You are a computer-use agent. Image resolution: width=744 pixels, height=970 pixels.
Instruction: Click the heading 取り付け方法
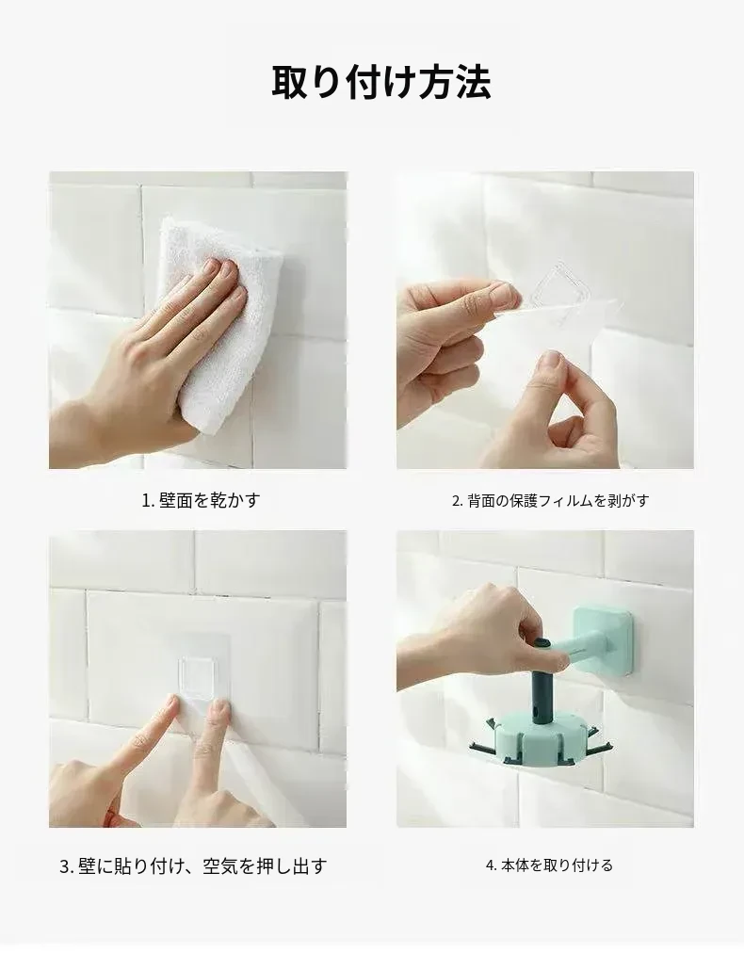tap(381, 82)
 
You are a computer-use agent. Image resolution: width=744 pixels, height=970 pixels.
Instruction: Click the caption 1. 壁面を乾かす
tap(201, 500)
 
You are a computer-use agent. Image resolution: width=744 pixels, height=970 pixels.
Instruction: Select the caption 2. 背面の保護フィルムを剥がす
tap(550, 500)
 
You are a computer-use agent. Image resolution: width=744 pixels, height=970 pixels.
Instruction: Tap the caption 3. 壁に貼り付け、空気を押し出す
tap(193, 866)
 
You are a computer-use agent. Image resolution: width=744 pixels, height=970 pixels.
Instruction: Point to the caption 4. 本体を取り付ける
tap(549, 865)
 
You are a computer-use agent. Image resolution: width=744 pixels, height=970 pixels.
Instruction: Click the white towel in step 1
tap(220, 321)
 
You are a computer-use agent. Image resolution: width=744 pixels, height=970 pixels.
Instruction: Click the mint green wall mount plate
tap(603, 639)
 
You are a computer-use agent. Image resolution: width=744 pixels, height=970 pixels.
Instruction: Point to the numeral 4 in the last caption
tap(489, 865)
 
